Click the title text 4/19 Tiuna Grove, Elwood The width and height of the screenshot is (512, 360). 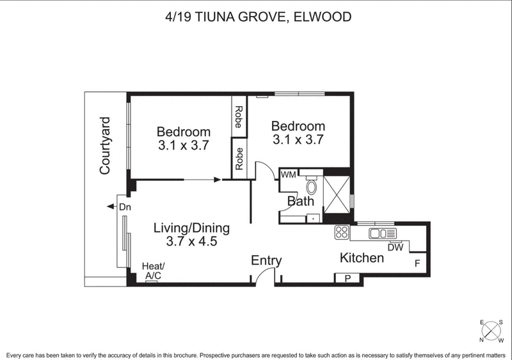coord(256,17)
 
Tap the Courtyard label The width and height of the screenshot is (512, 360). coord(106,146)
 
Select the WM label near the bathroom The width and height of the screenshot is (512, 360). coord(288,174)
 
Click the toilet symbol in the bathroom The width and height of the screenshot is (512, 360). coord(312,187)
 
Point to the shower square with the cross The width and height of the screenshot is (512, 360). coord(337,190)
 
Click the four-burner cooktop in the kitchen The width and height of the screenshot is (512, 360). coord(341,233)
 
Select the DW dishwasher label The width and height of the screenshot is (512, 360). coord(395,247)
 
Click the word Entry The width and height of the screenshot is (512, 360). coord(266,260)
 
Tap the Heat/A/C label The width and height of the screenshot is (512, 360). coord(154,270)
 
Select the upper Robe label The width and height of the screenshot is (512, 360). coord(239,117)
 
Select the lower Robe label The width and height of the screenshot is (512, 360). coord(239,159)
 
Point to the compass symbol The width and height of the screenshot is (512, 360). coord(491,331)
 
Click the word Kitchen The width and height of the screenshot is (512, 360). coord(362,258)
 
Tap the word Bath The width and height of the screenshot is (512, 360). coord(300,202)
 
